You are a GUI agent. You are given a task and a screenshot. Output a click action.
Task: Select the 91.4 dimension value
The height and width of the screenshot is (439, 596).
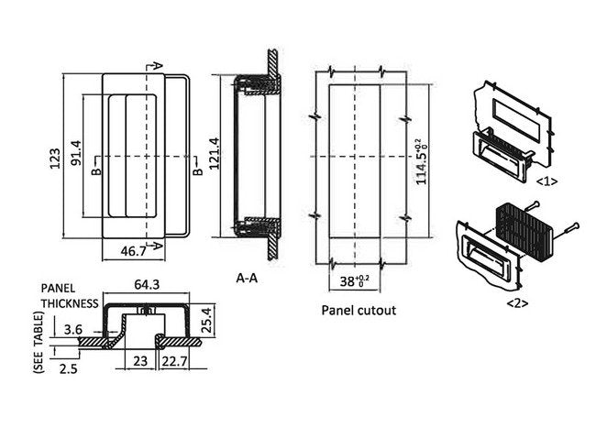click(77, 157)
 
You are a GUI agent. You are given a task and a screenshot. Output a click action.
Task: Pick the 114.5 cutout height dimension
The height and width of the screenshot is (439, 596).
click(421, 162)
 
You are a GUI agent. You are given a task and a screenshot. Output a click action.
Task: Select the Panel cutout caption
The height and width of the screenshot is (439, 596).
click(359, 310)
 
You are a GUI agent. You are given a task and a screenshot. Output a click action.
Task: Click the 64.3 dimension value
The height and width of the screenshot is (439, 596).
click(147, 286)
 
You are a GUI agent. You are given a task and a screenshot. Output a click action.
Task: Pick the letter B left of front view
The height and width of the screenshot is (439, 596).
click(95, 171)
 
